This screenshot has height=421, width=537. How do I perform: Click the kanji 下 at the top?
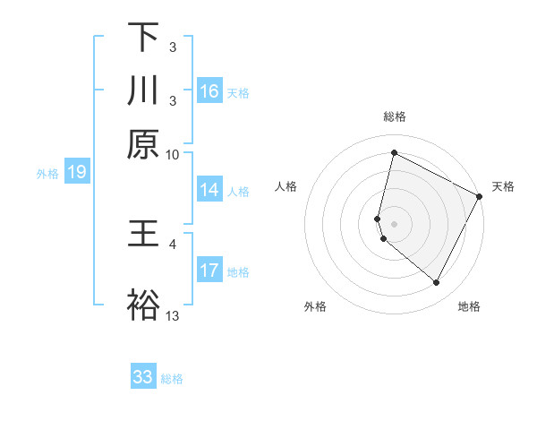point(142,38)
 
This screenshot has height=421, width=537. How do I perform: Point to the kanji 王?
point(142,235)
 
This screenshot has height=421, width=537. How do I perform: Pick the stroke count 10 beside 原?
point(173,154)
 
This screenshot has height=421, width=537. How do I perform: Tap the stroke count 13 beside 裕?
point(173,315)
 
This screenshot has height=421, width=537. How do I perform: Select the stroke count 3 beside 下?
point(173,47)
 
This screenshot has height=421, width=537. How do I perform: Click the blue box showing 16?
point(209,90)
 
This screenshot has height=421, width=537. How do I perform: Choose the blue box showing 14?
point(209,190)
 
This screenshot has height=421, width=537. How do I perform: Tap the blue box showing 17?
point(209,271)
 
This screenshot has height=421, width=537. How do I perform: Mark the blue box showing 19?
point(76,173)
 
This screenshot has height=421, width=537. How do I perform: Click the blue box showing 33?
point(142,377)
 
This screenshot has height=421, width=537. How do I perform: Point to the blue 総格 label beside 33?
point(173,379)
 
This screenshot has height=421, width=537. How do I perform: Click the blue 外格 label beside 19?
point(47,174)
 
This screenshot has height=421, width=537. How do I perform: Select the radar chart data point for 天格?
point(480,196)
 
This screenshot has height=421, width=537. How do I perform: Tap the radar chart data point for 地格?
point(437,283)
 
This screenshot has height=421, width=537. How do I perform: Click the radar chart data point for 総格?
point(394,153)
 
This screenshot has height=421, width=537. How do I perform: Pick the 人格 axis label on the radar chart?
point(286,186)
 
